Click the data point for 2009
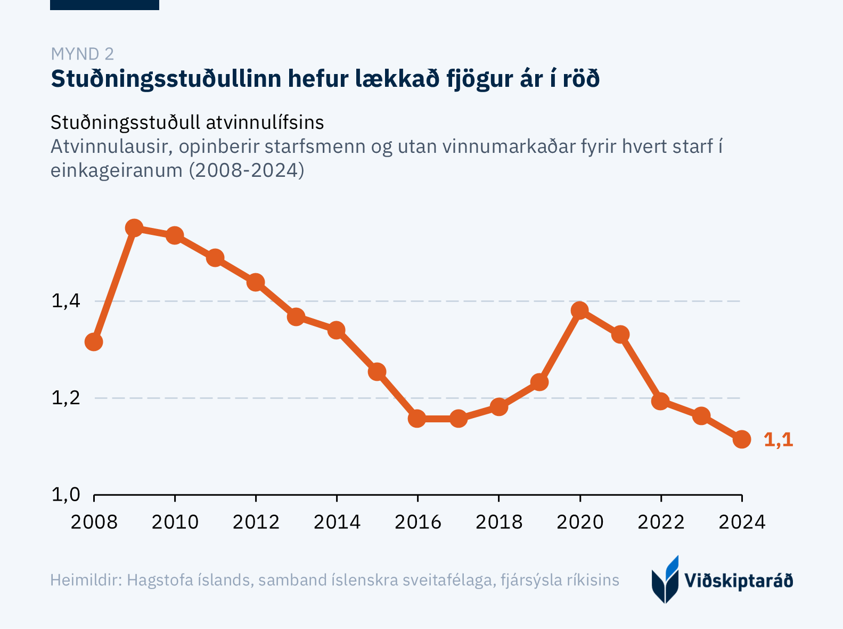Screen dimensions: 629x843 [134, 228]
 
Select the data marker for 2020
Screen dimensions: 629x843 [580, 311]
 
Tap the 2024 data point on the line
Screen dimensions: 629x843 [742, 439]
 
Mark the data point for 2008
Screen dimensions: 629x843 [94, 342]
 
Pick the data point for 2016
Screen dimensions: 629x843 [418, 419]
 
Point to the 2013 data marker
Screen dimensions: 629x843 [296, 317]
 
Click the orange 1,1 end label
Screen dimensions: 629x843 [778, 440]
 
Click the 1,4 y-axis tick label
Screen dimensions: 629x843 [66, 301]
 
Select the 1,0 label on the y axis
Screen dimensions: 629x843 [66, 495]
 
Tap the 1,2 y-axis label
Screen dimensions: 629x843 [66, 398]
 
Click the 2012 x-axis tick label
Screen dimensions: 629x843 [256, 522]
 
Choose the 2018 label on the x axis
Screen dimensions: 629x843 [499, 522]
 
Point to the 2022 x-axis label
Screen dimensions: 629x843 [661, 522]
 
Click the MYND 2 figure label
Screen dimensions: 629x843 [82, 54]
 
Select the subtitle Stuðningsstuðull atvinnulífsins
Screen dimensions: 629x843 [187, 122]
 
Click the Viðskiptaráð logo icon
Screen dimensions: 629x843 [665, 579]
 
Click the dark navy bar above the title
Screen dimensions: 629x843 [104, 5]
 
